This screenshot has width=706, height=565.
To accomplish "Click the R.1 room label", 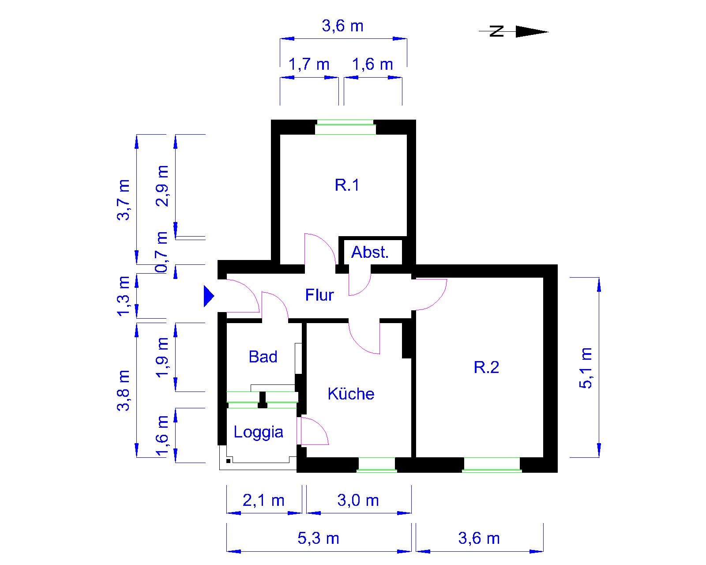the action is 347,185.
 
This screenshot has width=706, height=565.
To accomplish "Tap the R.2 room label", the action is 486,367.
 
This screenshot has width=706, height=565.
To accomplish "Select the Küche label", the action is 351,394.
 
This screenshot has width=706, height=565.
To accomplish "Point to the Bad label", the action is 263,357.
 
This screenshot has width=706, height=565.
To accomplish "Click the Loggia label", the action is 258,433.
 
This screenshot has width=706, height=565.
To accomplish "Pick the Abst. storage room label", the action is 370,252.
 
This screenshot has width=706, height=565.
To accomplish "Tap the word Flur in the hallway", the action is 319,295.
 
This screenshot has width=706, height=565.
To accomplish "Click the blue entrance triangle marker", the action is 209,296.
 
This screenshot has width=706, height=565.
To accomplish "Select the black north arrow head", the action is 532,32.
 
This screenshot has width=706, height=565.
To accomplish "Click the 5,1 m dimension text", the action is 586,368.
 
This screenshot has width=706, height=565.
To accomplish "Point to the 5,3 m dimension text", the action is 318,539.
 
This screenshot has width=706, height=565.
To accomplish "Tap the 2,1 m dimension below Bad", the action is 263,500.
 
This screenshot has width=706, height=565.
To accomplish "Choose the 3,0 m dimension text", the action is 358,500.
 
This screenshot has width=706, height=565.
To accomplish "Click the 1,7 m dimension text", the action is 309,64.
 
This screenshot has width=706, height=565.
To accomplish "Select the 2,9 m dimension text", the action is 162,186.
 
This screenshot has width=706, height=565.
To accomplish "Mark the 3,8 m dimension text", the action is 124,391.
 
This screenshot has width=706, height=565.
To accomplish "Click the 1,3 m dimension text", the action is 124,296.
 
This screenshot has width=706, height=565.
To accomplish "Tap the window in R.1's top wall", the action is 345,127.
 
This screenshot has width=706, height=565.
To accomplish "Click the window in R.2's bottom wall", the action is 492,465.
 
